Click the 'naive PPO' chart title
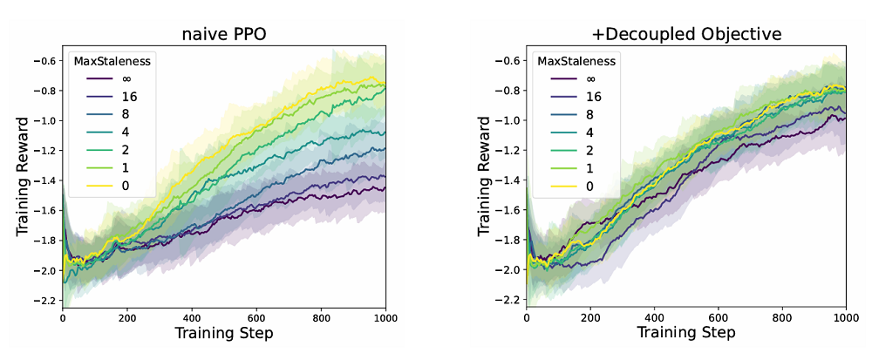click(223, 35)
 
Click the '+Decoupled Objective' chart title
click(686, 35)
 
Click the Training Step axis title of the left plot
click(224, 334)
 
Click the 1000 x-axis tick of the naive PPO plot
click(382, 318)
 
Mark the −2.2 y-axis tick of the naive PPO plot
click(44, 301)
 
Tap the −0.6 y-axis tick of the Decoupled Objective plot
click(508, 61)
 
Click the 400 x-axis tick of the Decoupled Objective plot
click(654, 318)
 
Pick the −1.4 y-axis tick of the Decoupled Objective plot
click(508, 180)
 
